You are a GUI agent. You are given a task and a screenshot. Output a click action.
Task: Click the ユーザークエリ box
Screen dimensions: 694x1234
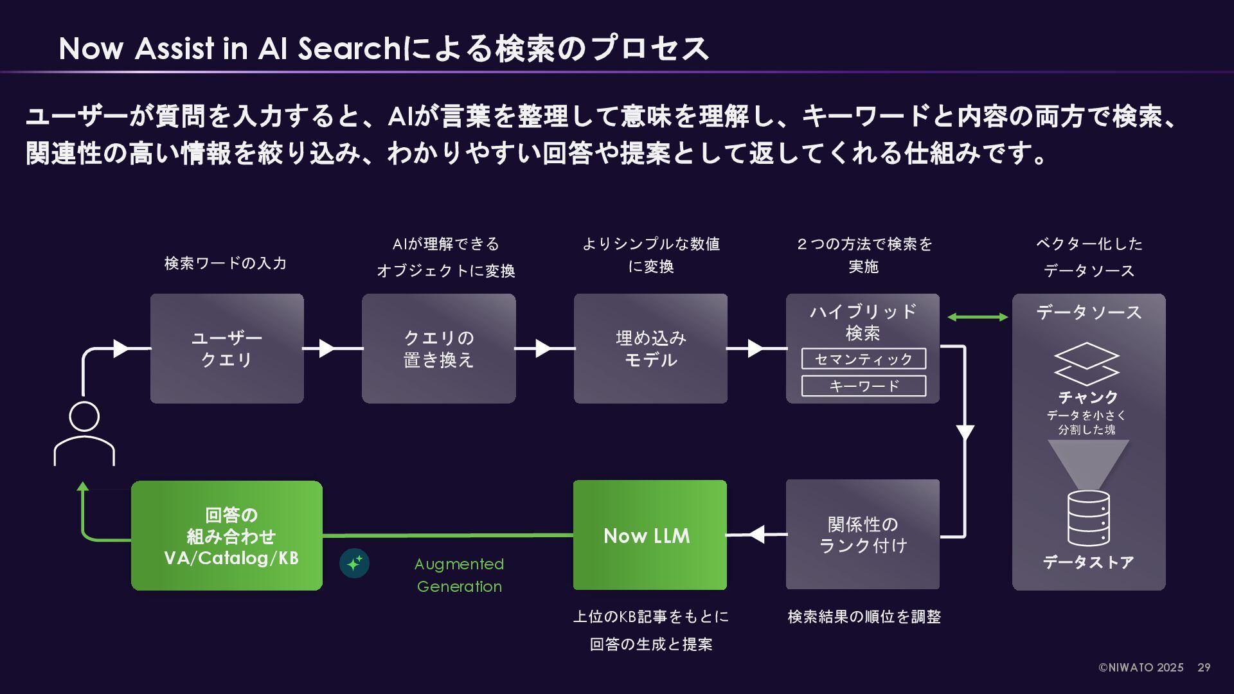[x=227, y=348]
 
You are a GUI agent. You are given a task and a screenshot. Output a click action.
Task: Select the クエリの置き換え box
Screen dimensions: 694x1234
[x=438, y=348]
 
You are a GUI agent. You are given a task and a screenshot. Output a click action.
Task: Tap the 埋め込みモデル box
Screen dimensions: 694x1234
[x=650, y=348]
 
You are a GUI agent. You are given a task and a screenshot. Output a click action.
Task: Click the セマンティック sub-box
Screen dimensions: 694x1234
[x=863, y=359]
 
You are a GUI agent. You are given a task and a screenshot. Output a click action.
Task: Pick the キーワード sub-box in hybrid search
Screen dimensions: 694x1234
[x=863, y=386]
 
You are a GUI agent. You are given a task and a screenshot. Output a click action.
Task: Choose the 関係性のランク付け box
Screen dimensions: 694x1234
[x=863, y=534]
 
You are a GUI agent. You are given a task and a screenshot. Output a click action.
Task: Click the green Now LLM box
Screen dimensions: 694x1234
[x=650, y=535]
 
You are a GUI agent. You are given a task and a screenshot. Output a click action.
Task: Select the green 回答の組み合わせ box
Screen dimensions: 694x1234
[x=227, y=535]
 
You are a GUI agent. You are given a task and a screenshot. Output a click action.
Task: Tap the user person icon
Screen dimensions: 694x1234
[x=84, y=433]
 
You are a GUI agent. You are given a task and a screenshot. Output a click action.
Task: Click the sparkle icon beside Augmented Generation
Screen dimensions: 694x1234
[x=354, y=564]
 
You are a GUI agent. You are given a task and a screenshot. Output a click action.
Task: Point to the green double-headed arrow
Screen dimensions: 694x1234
[x=977, y=317]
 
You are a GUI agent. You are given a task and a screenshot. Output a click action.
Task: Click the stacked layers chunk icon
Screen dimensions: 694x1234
[x=1087, y=364]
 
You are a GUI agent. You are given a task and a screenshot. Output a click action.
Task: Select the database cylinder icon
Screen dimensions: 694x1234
[x=1088, y=518]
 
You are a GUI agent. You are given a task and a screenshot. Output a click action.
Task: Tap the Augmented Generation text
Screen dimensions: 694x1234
[x=459, y=575]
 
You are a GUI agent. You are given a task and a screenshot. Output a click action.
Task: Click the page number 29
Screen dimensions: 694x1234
[x=1204, y=668]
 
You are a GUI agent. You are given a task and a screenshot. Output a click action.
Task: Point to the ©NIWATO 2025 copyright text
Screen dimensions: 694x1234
[x=1141, y=668]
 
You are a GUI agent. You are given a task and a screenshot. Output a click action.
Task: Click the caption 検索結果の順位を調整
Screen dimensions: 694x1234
[x=864, y=617]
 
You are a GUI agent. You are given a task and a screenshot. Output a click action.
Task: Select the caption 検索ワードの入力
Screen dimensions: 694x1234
[x=226, y=263]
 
